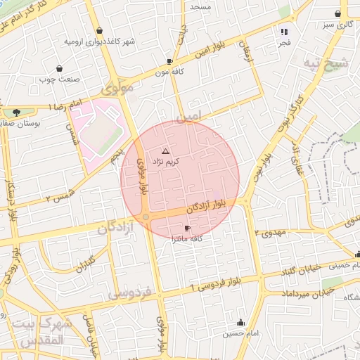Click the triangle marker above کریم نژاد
click(165, 151)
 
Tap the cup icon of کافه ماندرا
click(187, 229)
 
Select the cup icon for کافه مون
click(169, 61)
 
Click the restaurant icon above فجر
click(285, 32)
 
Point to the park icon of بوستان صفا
click(15, 112)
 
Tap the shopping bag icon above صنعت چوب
click(58, 69)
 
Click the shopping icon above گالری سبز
click(338, 13)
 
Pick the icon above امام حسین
click(242, 323)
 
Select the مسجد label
click(200, 6)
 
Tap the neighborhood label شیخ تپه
click(325, 63)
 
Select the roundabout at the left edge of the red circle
click(146, 218)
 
